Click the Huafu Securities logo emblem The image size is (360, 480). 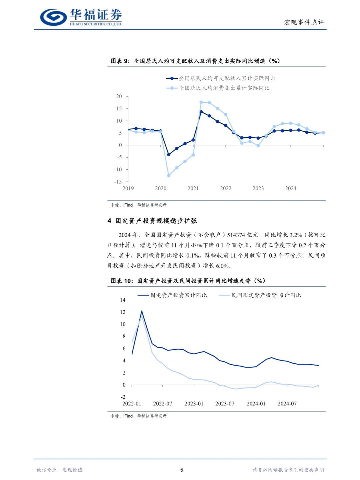click(53, 17)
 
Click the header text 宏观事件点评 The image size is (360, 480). click(304, 22)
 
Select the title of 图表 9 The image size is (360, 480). click(195, 61)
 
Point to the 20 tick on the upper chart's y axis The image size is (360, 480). click(119, 96)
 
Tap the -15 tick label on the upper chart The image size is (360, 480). click(118, 182)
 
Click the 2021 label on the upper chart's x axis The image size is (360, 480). click(193, 188)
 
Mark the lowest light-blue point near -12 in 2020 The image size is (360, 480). click(169, 176)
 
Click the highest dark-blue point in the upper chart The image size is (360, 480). click(201, 112)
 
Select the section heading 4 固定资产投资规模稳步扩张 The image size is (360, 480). click(152, 221)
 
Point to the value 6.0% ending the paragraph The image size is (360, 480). click(223, 266)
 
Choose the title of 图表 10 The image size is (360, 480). click(188, 281)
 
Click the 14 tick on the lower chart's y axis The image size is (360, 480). click(123, 300)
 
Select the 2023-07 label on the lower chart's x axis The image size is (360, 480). click(225, 404)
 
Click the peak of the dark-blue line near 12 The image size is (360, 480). click(142, 311)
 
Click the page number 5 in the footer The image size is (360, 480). click(182, 470)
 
